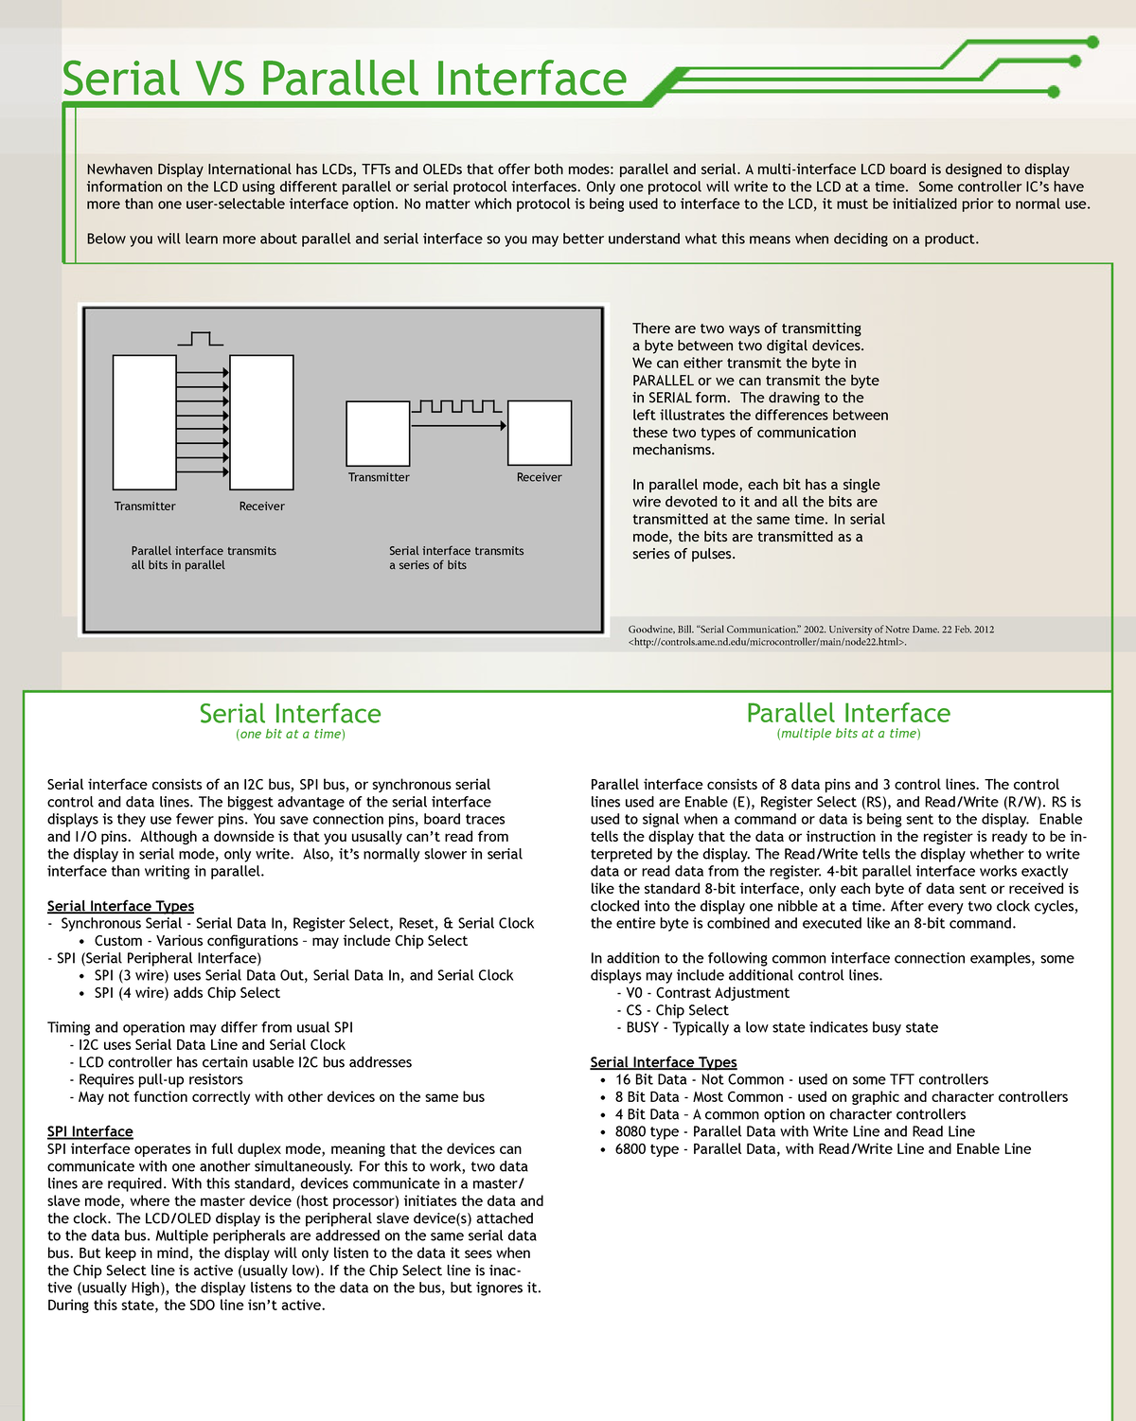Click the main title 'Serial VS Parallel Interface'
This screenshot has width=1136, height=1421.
coord(344,79)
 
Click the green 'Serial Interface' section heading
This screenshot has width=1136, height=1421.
coord(290,714)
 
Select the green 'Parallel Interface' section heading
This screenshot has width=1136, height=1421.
coord(848,713)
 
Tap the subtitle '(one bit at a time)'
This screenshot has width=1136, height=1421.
coord(290,735)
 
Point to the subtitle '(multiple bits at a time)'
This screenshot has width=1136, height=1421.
coord(848,734)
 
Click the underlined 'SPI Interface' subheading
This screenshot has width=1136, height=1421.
coord(90,1131)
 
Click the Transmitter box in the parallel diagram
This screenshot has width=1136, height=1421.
coord(144,422)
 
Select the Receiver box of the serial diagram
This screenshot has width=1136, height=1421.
coord(540,433)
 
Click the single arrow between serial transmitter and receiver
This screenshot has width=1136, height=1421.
coord(459,426)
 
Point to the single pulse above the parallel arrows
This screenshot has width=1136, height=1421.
coord(200,338)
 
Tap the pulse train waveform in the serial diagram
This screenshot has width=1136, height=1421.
coord(456,406)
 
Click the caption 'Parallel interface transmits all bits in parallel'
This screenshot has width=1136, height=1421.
coord(204,558)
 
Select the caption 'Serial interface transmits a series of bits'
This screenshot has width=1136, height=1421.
coord(455,558)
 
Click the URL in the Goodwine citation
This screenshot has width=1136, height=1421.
coord(767,642)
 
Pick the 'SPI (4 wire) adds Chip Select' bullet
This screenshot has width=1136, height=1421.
coord(186,993)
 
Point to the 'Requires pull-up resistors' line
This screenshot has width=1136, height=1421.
coord(160,1079)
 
